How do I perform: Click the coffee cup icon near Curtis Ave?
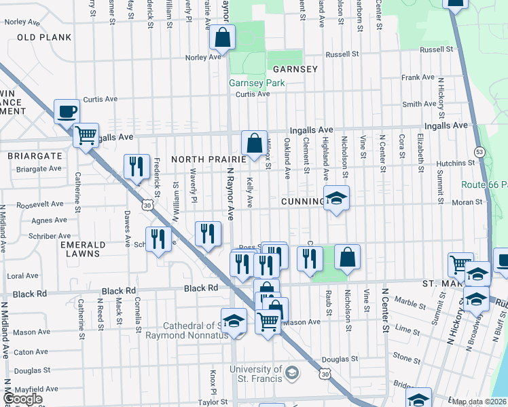click(x=67, y=111)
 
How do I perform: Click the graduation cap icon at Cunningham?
click(x=336, y=198)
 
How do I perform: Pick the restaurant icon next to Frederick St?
click(x=137, y=166)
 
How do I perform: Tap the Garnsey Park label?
click(x=257, y=83)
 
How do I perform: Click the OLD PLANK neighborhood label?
click(x=44, y=37)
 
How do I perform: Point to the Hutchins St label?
click(x=455, y=163)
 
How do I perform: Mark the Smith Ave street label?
click(x=419, y=104)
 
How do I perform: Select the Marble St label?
click(x=410, y=303)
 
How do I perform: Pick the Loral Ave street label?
click(x=22, y=276)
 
